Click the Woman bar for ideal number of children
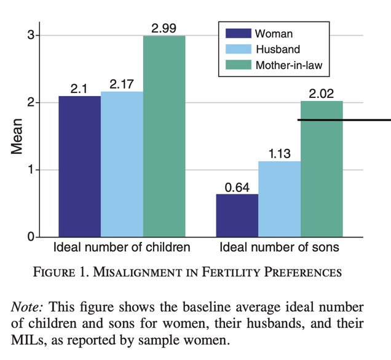[80, 166]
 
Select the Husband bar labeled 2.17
[122, 164]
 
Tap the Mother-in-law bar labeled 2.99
[164, 136]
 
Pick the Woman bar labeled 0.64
[237, 215]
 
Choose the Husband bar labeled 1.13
[279, 199]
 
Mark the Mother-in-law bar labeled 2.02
[322, 169]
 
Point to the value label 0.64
[237, 187]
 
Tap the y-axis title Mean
[17, 137]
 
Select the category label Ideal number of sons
[279, 248]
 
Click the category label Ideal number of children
[122, 248]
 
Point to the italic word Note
[28, 306]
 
